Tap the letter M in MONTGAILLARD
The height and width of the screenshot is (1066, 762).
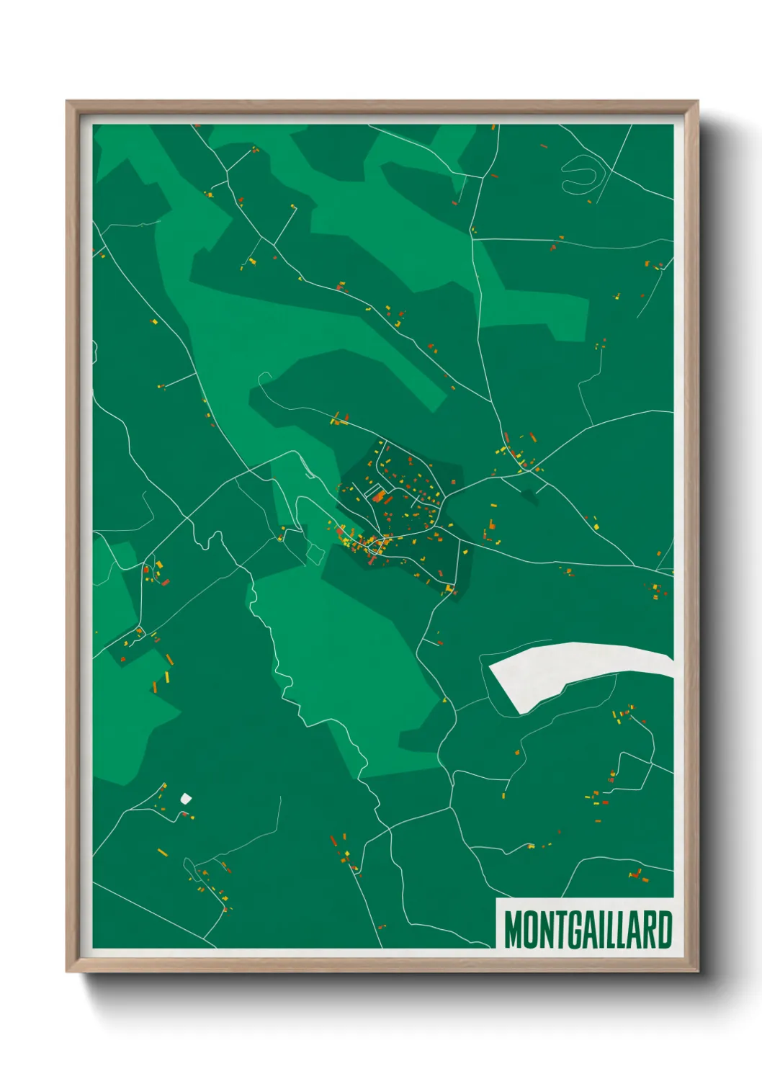click(514, 930)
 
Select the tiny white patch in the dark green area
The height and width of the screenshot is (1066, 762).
click(186, 798)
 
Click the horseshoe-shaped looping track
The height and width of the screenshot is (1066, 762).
click(581, 174)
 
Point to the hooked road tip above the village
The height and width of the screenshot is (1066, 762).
click(261, 376)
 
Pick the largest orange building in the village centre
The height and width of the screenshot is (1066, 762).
click(380, 496)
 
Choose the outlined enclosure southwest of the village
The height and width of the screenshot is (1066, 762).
click(314, 552)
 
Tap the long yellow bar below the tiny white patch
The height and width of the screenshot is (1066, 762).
click(163, 853)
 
